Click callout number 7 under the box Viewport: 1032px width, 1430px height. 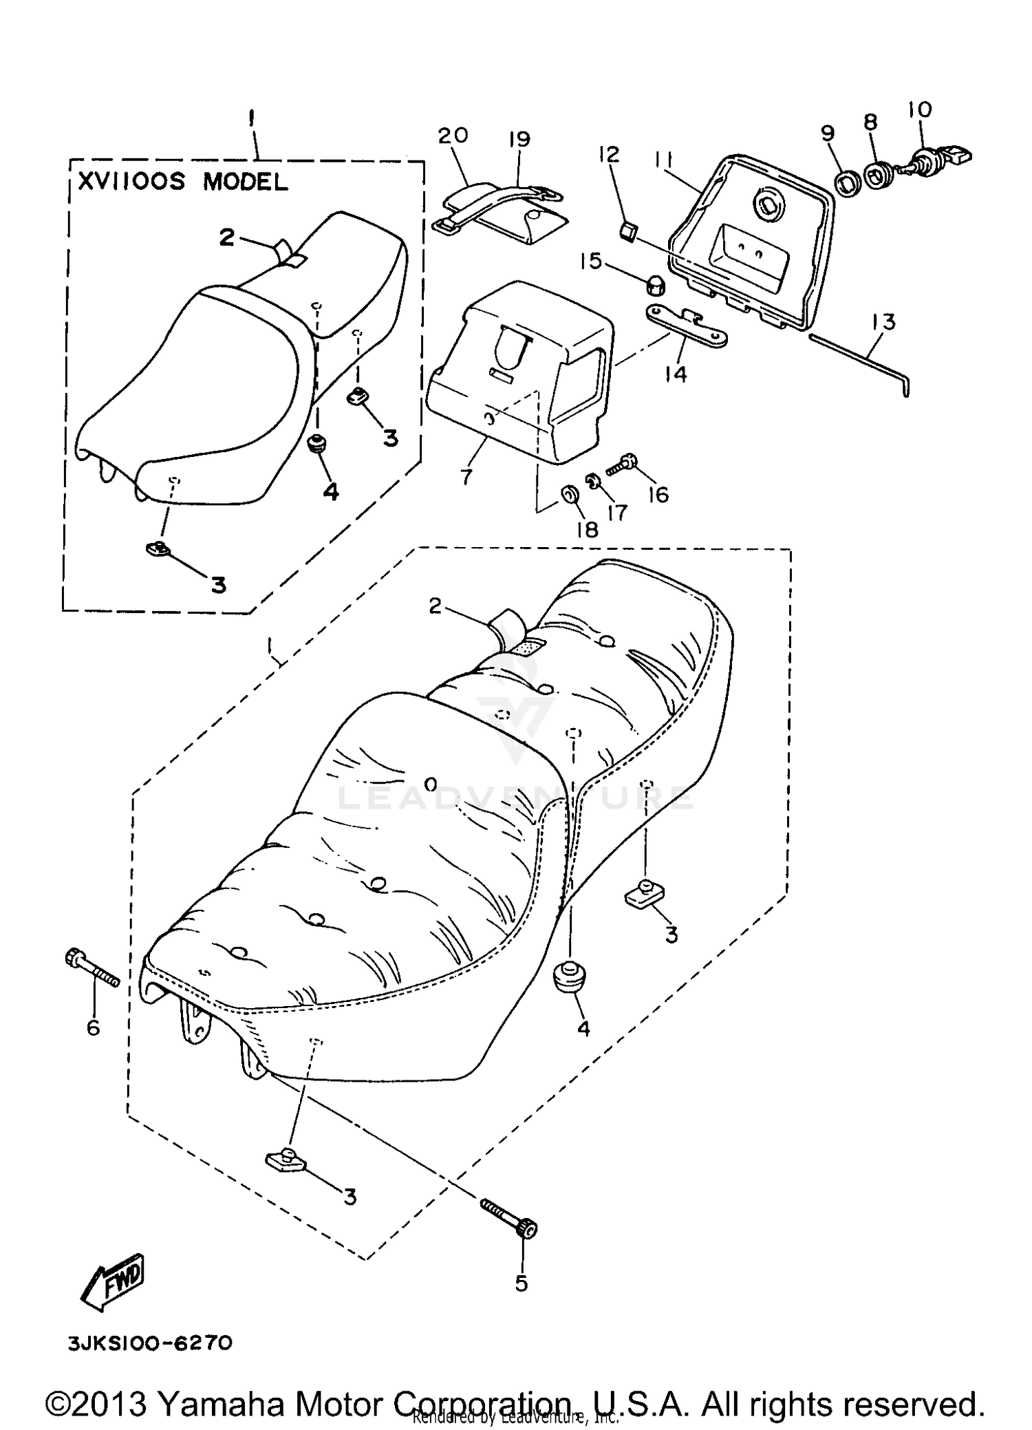(467, 476)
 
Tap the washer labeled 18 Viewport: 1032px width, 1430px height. (570, 493)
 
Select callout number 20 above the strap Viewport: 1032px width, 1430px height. (452, 135)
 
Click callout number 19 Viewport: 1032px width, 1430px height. (519, 139)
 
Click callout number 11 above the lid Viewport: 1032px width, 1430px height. (664, 161)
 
